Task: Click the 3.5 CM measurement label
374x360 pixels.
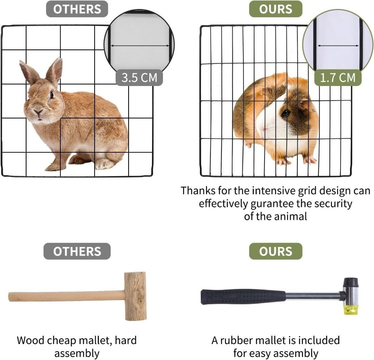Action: (139, 78)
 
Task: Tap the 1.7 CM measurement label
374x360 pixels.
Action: (338, 78)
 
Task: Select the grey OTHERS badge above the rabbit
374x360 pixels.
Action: (77, 9)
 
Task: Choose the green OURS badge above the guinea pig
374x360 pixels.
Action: (275, 9)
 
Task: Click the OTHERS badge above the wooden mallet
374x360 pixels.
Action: (77, 251)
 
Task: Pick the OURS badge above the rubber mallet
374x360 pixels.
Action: (275, 251)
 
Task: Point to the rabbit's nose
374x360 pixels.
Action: (38, 111)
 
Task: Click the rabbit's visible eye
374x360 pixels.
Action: (52, 95)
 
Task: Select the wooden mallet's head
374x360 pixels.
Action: (135, 296)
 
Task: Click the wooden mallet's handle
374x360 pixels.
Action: (67, 296)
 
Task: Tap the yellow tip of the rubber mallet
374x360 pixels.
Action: (351, 310)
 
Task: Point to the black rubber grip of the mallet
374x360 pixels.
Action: (243, 297)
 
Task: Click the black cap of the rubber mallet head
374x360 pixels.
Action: (351, 282)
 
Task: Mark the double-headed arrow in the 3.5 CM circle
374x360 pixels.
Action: (140, 46)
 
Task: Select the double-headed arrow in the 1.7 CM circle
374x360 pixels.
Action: (338, 46)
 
